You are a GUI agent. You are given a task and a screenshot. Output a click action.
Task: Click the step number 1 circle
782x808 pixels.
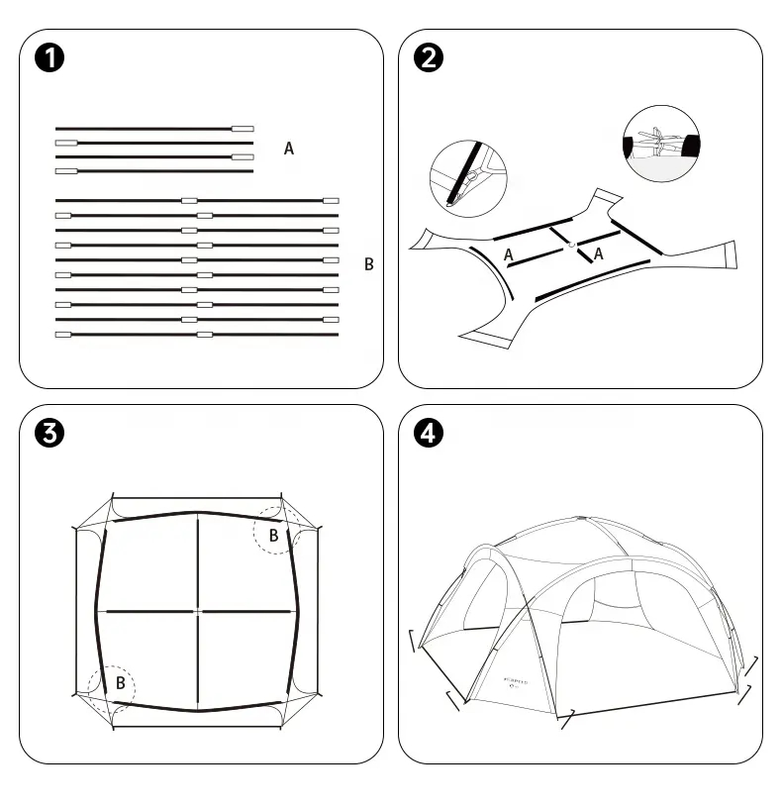pos(49,58)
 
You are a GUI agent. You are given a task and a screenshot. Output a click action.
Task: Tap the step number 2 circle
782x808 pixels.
pos(428,58)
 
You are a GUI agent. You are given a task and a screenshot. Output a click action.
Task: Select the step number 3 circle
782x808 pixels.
pos(49,433)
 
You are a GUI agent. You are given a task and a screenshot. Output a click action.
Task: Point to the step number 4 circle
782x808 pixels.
pos(428,433)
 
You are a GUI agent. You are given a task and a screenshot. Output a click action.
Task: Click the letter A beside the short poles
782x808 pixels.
pos(289,149)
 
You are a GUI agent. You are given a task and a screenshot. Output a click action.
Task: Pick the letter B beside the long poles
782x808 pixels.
pos(369,264)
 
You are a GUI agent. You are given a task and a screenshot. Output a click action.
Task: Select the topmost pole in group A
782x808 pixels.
pos(154,129)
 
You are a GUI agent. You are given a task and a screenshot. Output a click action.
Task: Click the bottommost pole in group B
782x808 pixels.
pos(197,335)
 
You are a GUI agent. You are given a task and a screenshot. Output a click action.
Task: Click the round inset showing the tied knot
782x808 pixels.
pos(660,144)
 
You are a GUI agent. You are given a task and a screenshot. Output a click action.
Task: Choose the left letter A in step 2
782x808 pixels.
pos(508,254)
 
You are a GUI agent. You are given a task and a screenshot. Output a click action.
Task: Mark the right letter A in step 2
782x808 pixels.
pos(598,254)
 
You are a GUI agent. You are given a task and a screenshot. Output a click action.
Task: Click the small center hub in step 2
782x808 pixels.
pos(572,244)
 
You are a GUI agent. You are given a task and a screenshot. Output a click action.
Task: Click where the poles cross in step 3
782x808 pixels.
pos(198,612)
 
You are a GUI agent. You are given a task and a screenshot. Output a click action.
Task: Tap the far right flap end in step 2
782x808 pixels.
pos(731,255)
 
